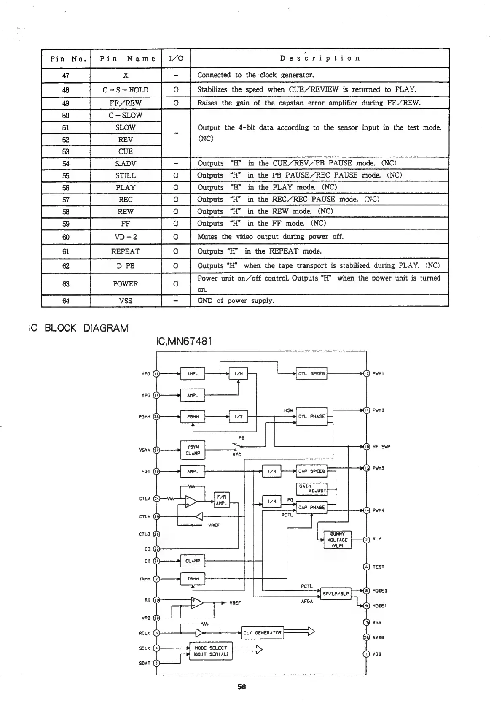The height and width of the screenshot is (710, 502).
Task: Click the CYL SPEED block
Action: click(x=311, y=373)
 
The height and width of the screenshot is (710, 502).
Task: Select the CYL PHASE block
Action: click(x=311, y=416)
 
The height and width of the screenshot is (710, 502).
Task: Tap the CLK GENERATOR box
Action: click(x=262, y=633)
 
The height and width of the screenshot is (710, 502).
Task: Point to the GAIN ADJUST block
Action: click(x=312, y=489)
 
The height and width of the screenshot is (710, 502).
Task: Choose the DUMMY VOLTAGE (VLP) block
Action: click(x=337, y=540)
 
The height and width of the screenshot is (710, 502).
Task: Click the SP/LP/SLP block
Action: click(x=336, y=593)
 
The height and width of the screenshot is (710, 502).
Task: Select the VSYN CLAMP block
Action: click(x=193, y=450)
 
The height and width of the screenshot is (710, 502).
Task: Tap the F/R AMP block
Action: click(x=221, y=500)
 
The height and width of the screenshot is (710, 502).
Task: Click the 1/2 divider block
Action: click(x=238, y=416)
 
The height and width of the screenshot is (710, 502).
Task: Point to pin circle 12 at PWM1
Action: click(x=366, y=373)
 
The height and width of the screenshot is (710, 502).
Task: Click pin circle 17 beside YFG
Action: click(x=156, y=373)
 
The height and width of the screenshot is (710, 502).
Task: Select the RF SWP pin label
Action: click(x=381, y=447)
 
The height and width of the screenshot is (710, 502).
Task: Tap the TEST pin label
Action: click(x=379, y=567)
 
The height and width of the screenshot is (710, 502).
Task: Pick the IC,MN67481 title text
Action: click(x=184, y=341)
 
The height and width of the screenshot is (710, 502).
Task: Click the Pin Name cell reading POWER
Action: click(x=126, y=284)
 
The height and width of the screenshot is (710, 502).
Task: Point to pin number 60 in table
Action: click(x=66, y=237)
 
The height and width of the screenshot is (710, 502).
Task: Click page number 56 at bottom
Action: click(x=242, y=687)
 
